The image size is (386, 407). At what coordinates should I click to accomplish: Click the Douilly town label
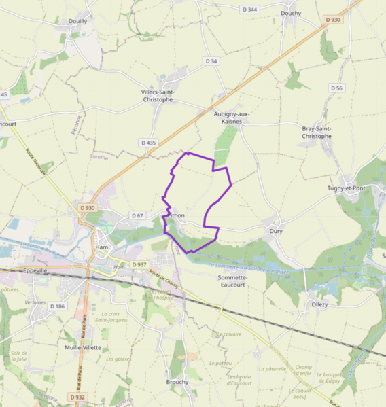tap(77, 21)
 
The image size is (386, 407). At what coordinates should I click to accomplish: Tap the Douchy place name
tap(291, 13)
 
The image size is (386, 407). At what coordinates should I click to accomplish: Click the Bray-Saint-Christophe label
tap(317, 132)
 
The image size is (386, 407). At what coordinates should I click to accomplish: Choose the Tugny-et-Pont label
tap(346, 188)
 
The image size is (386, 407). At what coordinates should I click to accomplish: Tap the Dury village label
tap(275, 231)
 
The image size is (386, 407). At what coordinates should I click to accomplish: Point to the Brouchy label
tap(177, 382)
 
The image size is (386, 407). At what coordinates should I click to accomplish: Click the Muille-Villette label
tap(82, 347)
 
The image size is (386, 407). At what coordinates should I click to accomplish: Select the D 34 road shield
tap(211, 61)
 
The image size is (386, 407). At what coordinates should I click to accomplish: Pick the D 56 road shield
tap(337, 88)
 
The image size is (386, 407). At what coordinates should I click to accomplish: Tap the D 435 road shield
tap(148, 143)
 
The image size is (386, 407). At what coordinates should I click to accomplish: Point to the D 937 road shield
tap(139, 264)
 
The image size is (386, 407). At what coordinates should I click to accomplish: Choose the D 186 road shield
tap(57, 306)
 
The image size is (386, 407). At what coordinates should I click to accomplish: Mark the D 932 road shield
tap(77, 397)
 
